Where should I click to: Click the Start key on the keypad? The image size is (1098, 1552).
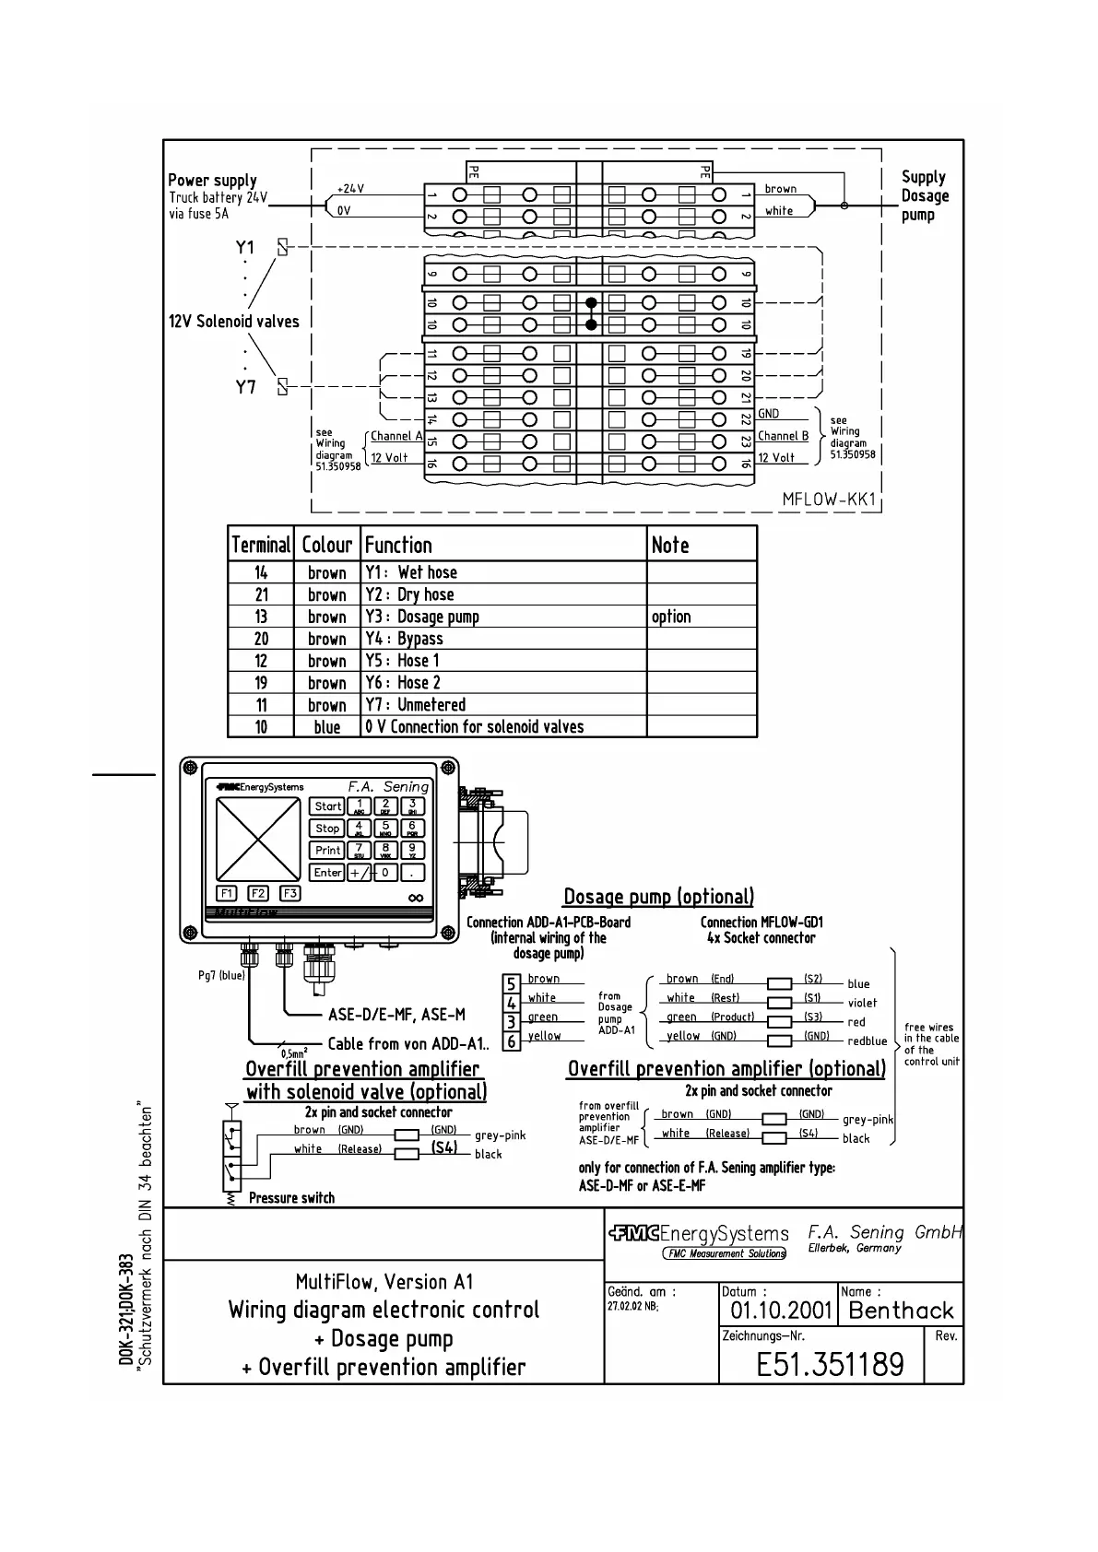(327, 806)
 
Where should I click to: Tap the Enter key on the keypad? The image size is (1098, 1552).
(327, 873)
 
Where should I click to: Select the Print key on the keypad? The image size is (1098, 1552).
(327, 851)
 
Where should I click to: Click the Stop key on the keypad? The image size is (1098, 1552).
(327, 829)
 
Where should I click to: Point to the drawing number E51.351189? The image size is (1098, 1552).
(830, 1364)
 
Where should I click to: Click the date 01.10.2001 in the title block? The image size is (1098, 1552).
(781, 1311)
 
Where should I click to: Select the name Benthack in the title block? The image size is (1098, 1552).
(901, 1311)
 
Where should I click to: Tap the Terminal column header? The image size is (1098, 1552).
(261, 545)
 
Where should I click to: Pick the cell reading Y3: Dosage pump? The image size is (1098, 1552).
(422, 617)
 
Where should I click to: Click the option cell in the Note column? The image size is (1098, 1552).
(671, 617)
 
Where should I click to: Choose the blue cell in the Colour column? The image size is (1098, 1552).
(327, 727)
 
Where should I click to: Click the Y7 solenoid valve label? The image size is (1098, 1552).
(245, 387)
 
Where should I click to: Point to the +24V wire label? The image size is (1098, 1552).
(350, 189)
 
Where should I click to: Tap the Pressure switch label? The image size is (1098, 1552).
(291, 1198)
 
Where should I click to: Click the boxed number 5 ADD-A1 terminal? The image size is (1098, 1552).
(511, 985)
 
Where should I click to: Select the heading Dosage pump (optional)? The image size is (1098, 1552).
(658, 897)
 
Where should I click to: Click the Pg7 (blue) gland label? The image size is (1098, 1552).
(221, 975)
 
